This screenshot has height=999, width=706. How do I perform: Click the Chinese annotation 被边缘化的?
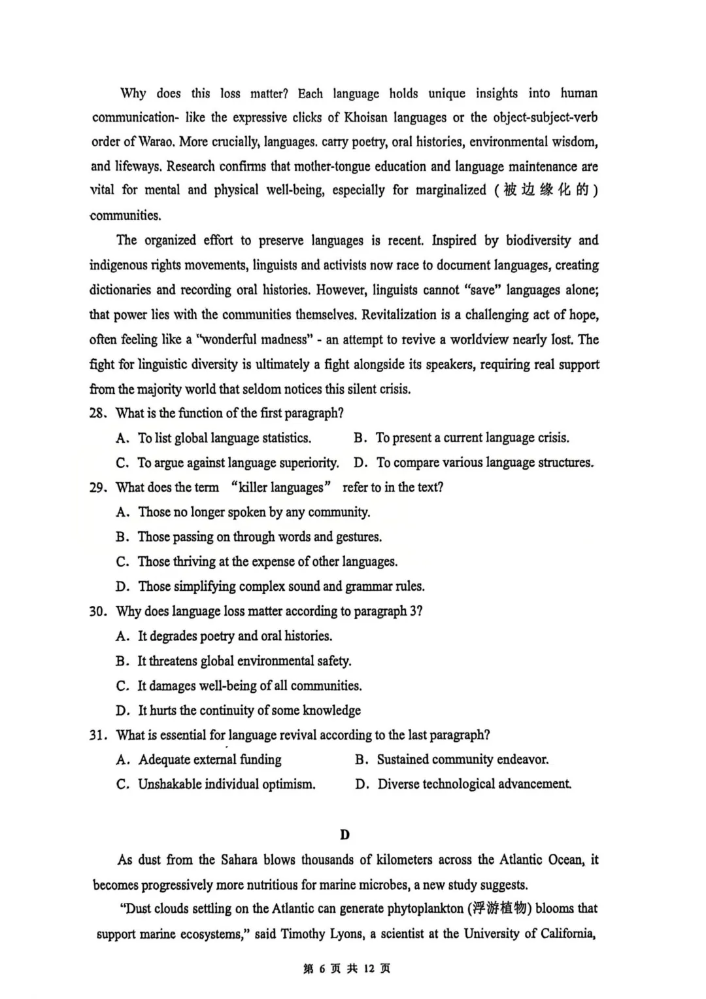click(546, 190)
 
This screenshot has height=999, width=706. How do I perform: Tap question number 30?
click(97, 612)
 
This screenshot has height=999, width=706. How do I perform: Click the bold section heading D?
click(345, 835)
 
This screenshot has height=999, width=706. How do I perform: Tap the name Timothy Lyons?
click(322, 934)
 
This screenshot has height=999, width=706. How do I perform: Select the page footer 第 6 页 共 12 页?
click(347, 969)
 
